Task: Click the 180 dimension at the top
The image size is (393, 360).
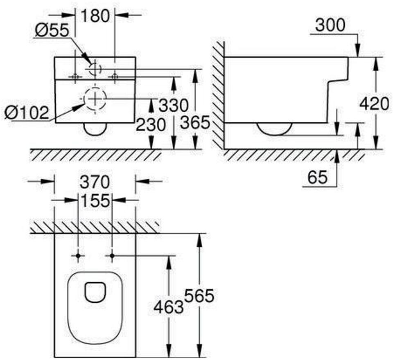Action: coord(95,16)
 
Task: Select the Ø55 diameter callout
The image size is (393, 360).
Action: coord(52,30)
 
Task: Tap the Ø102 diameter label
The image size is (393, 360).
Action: coord(27,112)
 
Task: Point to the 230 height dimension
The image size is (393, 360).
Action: coord(151,124)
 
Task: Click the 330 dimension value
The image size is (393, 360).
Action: coord(174,105)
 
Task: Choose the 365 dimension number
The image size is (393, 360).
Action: coord(195,122)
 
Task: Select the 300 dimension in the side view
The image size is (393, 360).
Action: coord(330,25)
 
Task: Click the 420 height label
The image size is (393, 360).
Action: coord(374,104)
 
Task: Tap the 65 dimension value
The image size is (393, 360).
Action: coord(318,177)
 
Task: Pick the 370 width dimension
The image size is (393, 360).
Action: coord(95,182)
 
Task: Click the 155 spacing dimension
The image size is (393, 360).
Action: coord(95,200)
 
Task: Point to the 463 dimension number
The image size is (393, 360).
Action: coord(168,307)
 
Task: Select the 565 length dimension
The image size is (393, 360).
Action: coord(199,296)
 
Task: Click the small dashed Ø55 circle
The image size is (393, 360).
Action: coord(95,69)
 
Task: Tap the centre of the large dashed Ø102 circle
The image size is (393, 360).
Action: coord(95,99)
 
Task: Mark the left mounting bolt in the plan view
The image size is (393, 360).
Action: coord(78,256)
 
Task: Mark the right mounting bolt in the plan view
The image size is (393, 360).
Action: coord(112,256)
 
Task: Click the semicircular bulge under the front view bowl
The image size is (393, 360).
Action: coord(95,129)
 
